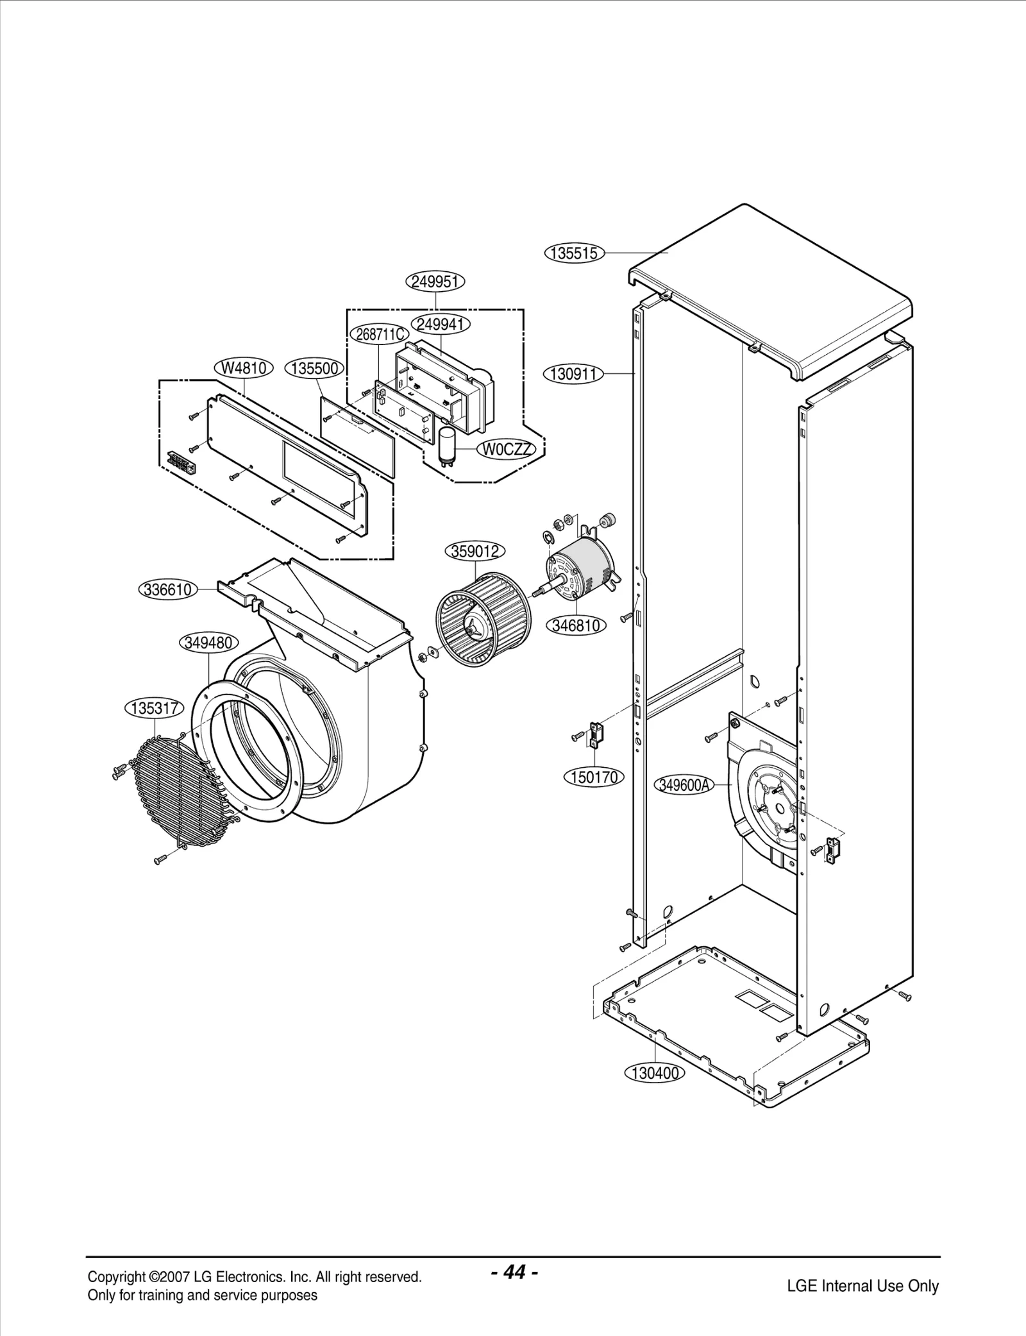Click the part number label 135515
[x=575, y=253]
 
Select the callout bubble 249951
[x=435, y=282]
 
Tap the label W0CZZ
[x=506, y=450]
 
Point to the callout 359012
[x=475, y=551]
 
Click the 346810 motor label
[x=576, y=625]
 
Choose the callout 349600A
[x=684, y=784]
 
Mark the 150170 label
[x=594, y=777]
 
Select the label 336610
[x=168, y=589]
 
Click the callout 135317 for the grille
[x=154, y=708]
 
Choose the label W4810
[x=244, y=368]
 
